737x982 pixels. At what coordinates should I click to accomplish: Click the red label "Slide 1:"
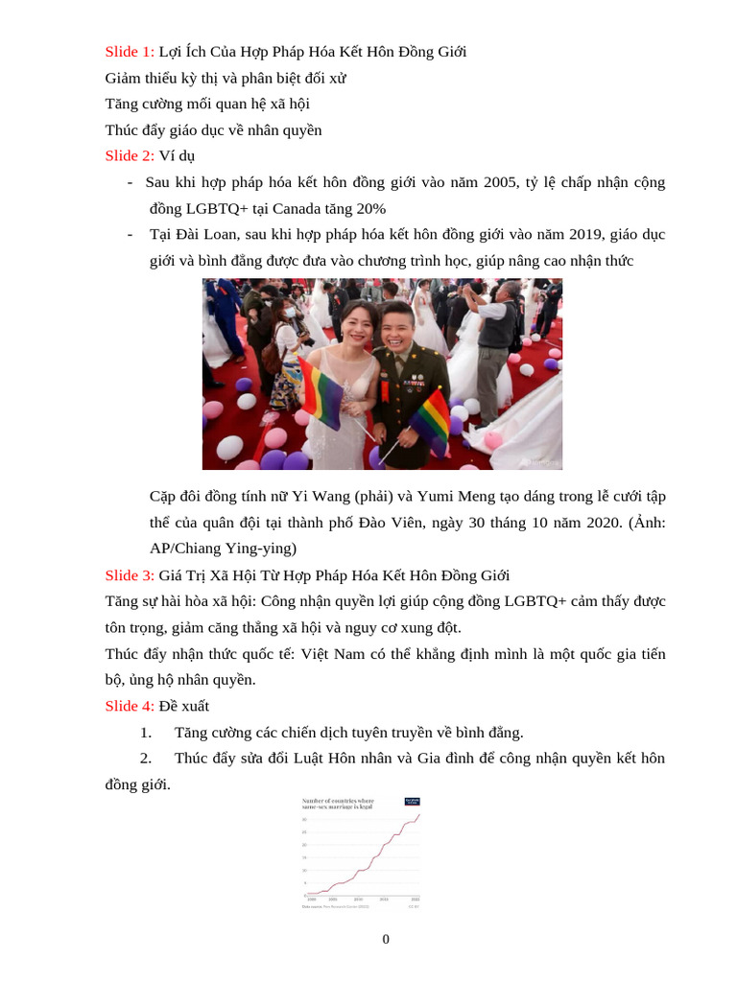[130, 52]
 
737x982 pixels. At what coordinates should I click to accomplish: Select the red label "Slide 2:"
[130, 155]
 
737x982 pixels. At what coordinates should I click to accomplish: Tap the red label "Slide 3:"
[130, 575]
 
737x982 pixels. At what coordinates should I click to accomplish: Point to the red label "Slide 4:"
[130, 707]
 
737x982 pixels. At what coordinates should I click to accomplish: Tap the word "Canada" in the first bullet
[299, 208]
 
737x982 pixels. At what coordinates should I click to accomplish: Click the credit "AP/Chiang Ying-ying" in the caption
[223, 549]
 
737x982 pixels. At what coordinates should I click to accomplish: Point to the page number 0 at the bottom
[386, 939]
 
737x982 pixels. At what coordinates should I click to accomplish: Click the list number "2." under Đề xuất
[146, 759]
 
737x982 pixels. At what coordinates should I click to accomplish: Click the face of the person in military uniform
[396, 326]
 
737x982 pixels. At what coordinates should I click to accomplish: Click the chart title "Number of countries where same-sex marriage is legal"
[338, 804]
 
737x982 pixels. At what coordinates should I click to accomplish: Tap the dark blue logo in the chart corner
[412, 801]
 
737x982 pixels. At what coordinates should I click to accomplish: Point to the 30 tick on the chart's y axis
[305, 820]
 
